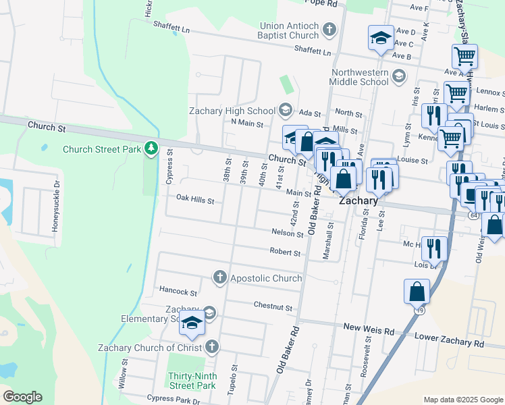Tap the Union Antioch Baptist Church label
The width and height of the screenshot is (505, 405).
tap(288, 30)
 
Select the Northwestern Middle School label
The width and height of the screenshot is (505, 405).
tap(360, 77)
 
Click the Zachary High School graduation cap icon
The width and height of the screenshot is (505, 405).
tap(286, 111)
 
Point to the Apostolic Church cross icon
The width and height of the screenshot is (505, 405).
tap(219, 277)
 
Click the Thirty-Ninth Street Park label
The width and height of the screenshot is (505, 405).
tap(192, 379)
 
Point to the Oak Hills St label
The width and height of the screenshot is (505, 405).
tap(195, 200)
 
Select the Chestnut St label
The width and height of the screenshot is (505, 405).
tap(273, 306)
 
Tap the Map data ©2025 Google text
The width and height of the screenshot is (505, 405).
tap(462, 400)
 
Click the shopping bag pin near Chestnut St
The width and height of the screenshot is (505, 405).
tap(417, 292)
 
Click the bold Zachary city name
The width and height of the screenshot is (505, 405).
tap(358, 200)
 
